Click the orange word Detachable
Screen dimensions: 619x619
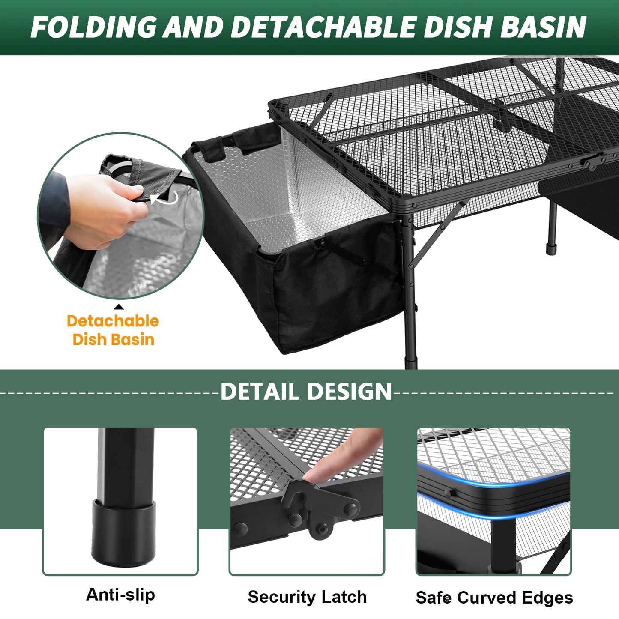tap(113, 321)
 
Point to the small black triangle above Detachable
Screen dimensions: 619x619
tap(119, 307)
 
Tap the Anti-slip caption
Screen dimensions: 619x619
tap(120, 595)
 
